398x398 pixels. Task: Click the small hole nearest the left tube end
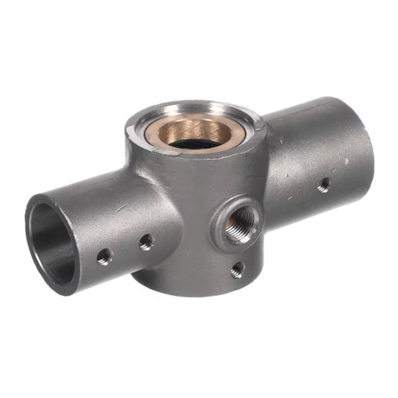click(x=104, y=256)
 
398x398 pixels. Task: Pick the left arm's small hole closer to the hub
click(x=146, y=241)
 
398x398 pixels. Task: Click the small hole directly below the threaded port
click(x=237, y=270)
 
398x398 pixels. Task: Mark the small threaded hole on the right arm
click(x=324, y=185)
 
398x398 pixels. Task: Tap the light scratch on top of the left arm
click(x=119, y=205)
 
